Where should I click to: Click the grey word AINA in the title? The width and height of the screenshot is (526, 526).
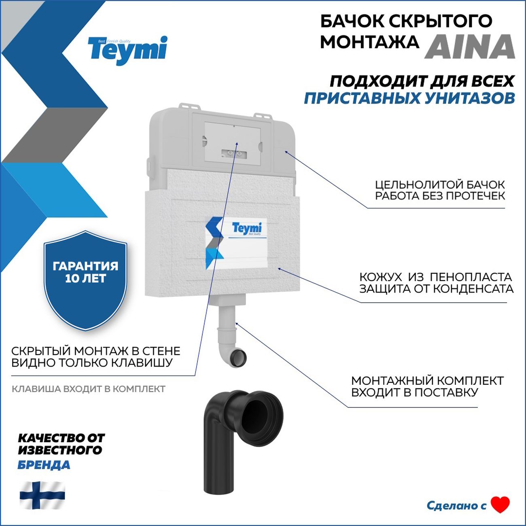[x=469, y=47]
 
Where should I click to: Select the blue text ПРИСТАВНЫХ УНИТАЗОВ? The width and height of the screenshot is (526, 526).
[x=409, y=98]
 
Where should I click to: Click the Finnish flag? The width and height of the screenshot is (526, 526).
[x=42, y=494]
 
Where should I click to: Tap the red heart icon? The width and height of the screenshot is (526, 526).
[x=500, y=505]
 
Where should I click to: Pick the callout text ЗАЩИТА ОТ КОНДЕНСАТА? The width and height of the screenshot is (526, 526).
[x=436, y=289]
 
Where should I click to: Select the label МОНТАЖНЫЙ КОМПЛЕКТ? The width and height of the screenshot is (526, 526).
[x=427, y=381]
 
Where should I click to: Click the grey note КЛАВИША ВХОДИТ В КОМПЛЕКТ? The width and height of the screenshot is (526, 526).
[x=88, y=389]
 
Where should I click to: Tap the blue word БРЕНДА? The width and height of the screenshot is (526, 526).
[x=44, y=465]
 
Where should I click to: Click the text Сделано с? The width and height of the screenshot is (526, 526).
[x=456, y=505]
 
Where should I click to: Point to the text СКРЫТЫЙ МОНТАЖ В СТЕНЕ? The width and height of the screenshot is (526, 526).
[x=95, y=351]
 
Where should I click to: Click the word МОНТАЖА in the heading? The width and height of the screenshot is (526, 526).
[x=369, y=42]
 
